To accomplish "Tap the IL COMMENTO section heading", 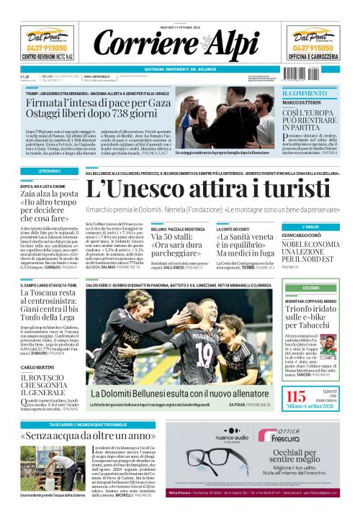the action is (x=305, y=94).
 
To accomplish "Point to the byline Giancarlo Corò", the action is (x=301, y=235).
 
